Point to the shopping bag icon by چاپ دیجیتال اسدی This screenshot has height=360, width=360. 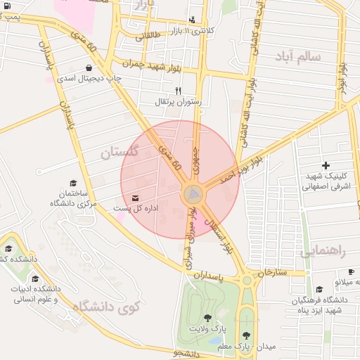89,68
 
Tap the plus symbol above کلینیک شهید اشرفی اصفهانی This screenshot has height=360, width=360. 325,165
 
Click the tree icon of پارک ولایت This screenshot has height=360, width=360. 207,318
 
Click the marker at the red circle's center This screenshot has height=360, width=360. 192,193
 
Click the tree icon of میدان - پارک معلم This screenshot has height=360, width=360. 246,335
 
